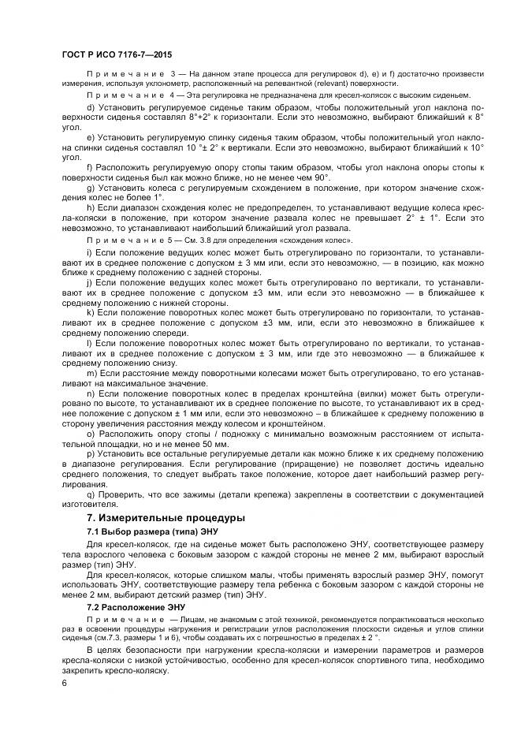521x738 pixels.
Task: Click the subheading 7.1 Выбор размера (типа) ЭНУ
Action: (151, 532)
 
